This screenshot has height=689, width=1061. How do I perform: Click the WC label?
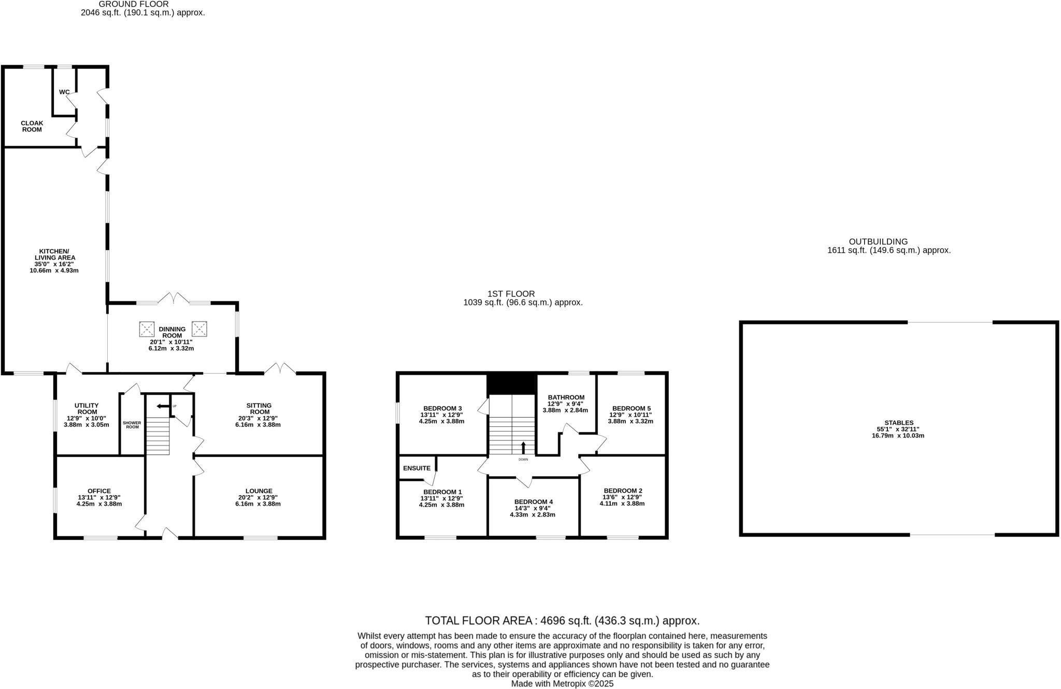coord(64,92)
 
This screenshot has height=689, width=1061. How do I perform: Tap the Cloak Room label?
coord(32,126)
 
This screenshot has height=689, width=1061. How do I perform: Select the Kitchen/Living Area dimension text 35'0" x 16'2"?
coord(55,264)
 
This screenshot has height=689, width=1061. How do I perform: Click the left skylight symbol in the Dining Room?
coord(147,328)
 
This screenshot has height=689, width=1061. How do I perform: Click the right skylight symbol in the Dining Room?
coord(199,328)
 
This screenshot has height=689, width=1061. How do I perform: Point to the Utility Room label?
coord(87,409)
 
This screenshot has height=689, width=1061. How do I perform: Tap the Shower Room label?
coord(132,425)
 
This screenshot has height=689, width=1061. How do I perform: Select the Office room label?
coord(99,491)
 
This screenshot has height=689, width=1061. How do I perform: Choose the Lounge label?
coord(259,491)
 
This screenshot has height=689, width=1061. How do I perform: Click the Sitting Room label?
coord(259,409)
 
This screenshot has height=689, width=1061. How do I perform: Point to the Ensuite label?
coord(417,468)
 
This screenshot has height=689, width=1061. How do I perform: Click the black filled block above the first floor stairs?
coord(511,384)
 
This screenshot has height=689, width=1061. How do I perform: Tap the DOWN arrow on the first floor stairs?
coord(523,447)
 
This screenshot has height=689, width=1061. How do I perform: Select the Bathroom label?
coord(566,397)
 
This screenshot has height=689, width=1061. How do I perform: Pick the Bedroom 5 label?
coord(631,408)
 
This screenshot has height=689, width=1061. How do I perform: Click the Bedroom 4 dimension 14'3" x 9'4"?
coord(533,508)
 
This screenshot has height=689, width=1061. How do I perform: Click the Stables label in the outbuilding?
coord(899,423)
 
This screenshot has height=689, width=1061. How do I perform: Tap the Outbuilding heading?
coord(878,241)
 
